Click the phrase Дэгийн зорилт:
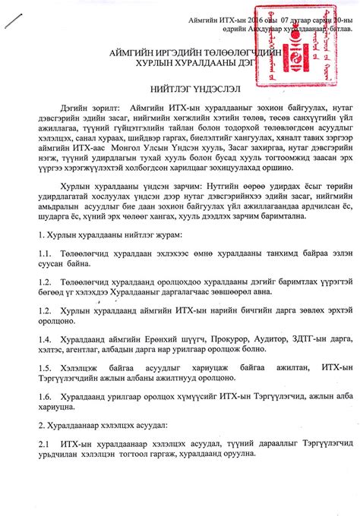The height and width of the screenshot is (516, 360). (92, 108)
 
